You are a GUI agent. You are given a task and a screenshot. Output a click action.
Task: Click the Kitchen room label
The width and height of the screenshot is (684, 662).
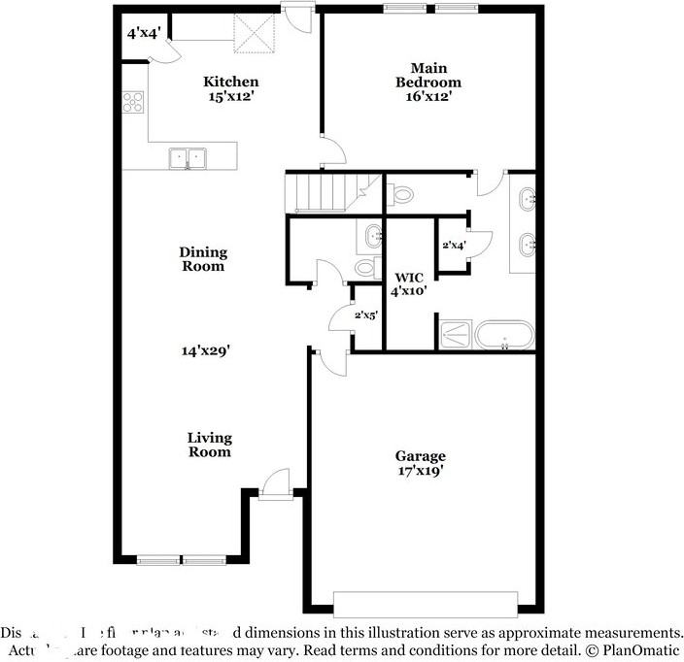pos(230,82)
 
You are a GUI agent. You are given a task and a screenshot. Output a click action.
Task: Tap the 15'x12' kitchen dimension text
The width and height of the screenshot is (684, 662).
pos(230,96)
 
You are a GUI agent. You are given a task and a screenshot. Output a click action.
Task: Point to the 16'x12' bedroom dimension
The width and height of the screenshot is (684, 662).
pos(427,96)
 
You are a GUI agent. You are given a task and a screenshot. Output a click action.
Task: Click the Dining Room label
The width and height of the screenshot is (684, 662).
pos(202,259)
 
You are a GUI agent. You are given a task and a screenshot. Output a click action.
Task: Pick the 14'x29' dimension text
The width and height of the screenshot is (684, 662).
pos(202,351)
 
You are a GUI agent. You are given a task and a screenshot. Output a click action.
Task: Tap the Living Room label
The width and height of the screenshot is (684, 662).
pos(210,445)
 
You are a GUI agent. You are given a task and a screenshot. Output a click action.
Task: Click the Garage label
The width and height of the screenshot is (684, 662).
pos(420,455)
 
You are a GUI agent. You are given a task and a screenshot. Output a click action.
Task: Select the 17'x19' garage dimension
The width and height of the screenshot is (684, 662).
pos(420,471)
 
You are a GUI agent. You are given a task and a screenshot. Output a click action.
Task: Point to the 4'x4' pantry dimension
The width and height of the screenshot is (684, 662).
pos(143,32)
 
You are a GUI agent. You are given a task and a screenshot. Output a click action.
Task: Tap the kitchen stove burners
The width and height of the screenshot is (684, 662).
pos(132,102)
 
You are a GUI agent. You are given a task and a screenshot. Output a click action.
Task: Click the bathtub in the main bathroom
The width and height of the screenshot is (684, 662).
pos(503,336)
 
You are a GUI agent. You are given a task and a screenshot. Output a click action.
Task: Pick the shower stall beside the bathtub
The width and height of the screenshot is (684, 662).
pos(455,335)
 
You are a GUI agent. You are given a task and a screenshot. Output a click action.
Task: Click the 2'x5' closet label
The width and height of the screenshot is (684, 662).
pos(366,314)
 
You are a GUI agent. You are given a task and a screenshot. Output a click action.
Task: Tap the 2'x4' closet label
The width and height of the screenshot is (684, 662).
pos(454,246)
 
